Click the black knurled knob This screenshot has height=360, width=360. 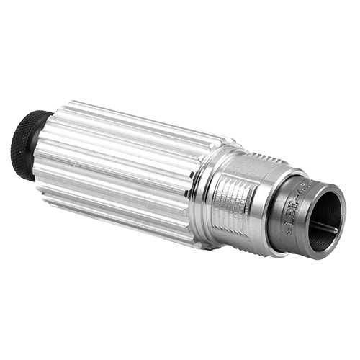point(26,144)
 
